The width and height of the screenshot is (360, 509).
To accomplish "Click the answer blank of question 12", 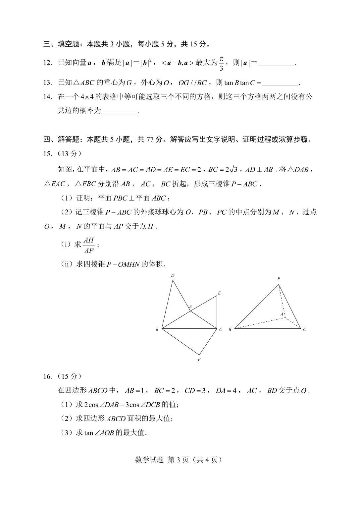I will point(276,64).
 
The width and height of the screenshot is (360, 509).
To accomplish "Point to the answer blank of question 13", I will point(280,84).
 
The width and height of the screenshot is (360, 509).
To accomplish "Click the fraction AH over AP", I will point(89,245).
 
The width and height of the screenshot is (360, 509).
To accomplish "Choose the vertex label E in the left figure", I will point(219,293).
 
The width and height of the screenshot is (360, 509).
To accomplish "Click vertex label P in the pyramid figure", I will point(279,279).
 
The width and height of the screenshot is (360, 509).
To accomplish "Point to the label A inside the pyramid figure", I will point(282,314).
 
